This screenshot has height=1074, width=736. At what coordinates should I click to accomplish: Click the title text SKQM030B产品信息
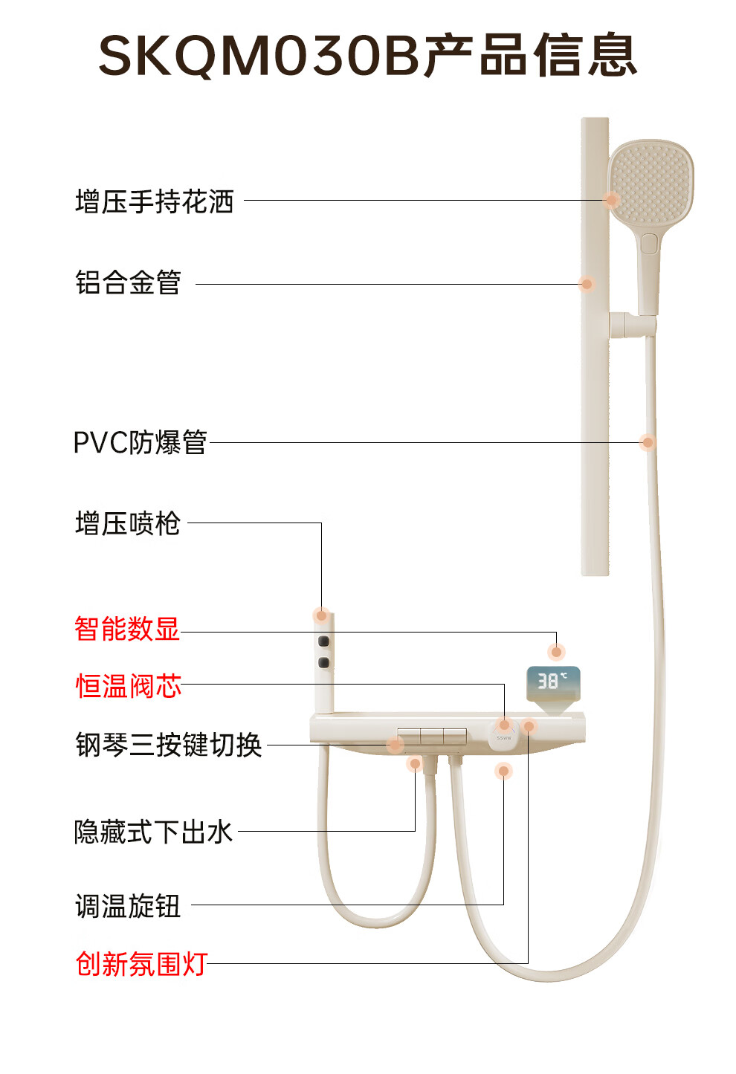point(368,55)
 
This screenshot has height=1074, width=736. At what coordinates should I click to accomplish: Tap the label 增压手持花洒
point(155,201)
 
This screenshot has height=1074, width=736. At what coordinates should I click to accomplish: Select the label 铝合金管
point(128,282)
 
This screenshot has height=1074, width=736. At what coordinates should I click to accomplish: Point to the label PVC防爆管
point(140,441)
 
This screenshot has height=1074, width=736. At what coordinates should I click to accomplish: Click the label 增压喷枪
point(128,523)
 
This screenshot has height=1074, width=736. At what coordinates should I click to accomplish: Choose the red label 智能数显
point(127,628)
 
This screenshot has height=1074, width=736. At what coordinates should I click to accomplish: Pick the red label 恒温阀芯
point(129,685)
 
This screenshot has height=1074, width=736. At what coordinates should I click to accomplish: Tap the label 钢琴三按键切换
point(169,745)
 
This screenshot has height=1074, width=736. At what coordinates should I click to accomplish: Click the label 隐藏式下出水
point(153,832)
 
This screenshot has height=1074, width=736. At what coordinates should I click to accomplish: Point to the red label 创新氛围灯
point(141,964)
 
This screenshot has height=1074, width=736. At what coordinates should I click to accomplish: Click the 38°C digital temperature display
point(553,684)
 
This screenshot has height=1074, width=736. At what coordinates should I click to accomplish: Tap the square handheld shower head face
point(651,183)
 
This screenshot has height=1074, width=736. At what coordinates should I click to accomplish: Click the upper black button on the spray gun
point(324,641)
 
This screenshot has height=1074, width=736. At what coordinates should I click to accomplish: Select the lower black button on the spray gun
point(324,663)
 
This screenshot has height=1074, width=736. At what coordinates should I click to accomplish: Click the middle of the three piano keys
point(431,737)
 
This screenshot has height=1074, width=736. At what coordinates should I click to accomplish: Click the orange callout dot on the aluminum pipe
point(586,284)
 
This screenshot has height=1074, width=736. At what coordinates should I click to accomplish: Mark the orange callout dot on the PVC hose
point(648,442)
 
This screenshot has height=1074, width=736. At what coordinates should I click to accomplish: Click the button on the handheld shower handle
point(648,244)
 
